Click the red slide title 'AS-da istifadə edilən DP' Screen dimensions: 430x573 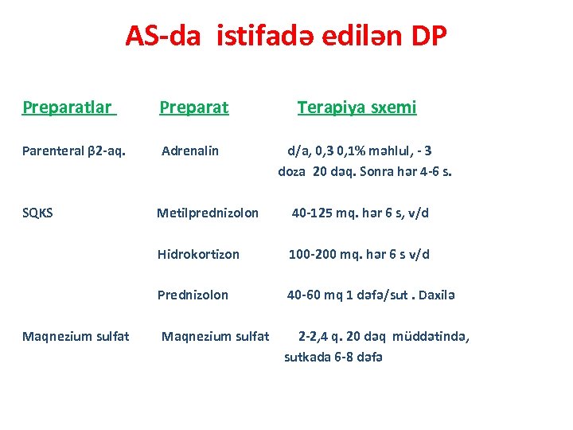(x=286, y=36)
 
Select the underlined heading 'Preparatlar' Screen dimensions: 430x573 (x=68, y=107)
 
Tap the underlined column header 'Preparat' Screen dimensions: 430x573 (x=194, y=107)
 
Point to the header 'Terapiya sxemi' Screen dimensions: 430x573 (x=357, y=107)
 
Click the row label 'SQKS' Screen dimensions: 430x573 (x=38, y=213)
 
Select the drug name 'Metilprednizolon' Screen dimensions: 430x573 (x=208, y=213)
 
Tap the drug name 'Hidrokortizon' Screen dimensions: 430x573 (x=198, y=254)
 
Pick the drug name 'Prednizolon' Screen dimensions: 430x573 (x=193, y=295)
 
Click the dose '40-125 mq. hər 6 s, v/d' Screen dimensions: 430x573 (x=361, y=213)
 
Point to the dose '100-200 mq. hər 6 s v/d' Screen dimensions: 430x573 (x=359, y=254)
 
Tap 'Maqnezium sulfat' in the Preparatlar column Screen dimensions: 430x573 (x=76, y=336)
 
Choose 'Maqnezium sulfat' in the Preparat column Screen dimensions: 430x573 (x=215, y=336)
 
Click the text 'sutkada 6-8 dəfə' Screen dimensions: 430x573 (x=333, y=357)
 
